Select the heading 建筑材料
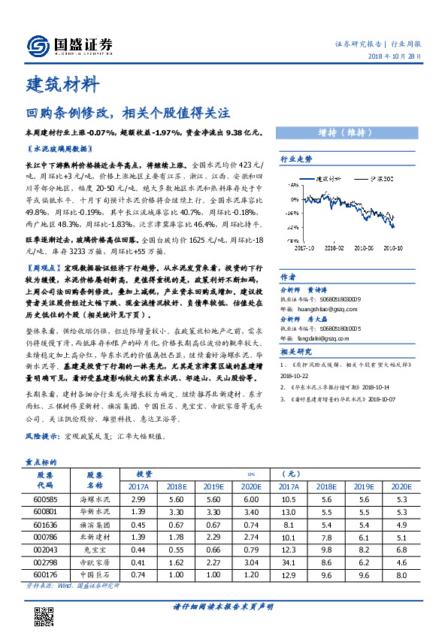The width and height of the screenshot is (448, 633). tap(62, 83)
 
